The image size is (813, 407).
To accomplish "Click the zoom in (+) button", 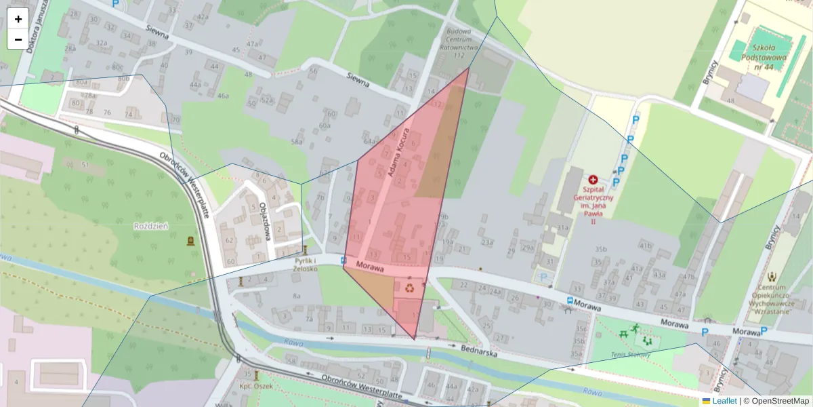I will [x=18, y=19].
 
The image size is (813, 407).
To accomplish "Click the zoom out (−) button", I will [x=18, y=39].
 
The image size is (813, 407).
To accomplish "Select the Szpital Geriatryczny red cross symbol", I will [x=593, y=180].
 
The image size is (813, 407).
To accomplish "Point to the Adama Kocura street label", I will [x=400, y=153].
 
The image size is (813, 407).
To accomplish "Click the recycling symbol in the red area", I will [x=411, y=288].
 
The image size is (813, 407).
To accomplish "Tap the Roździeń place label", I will [x=151, y=226].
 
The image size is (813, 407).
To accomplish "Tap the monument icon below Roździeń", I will [x=190, y=241].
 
